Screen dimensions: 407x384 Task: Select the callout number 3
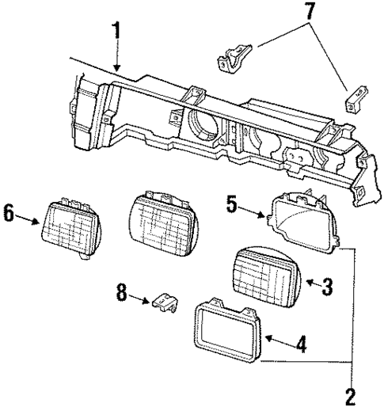coord(328,286)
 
